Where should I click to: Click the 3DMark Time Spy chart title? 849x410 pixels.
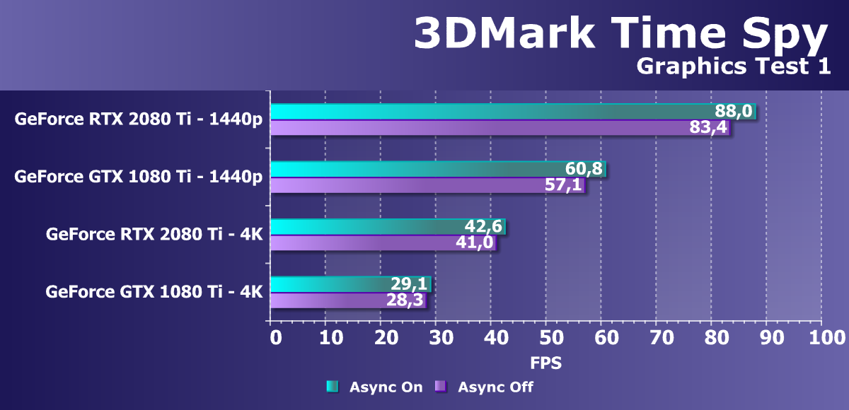click(620, 33)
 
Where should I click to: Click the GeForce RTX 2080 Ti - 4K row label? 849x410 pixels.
click(154, 233)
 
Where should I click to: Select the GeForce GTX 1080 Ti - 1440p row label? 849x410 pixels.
click(138, 176)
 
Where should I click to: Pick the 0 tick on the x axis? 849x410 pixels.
click(275, 338)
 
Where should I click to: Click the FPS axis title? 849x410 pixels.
click(545, 364)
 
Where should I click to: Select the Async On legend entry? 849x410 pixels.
click(374, 387)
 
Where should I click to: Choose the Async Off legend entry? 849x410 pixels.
click(485, 387)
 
